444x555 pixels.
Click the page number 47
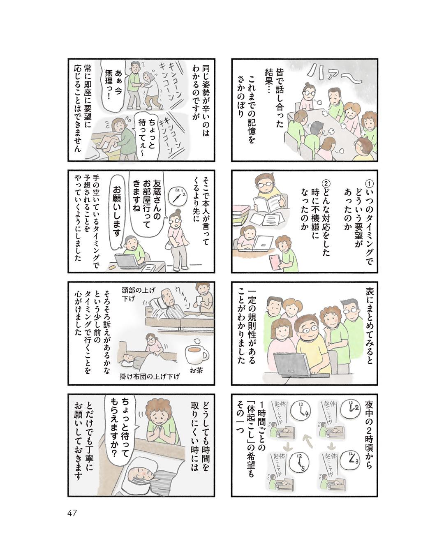(72, 513)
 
